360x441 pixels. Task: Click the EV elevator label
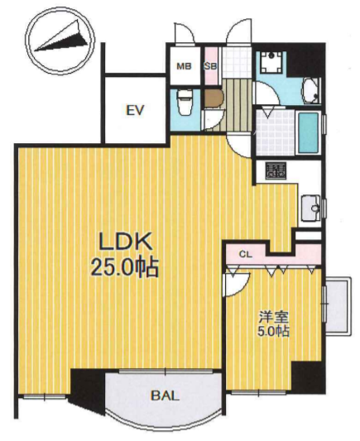(135, 110)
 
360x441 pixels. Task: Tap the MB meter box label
(184, 66)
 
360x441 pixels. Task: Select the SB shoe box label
(210, 66)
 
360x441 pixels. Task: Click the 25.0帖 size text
(124, 267)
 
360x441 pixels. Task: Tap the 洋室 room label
(274, 317)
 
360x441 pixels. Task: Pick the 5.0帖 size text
(274, 331)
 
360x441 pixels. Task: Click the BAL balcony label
(165, 396)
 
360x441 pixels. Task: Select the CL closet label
(246, 255)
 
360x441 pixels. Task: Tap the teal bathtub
(308, 132)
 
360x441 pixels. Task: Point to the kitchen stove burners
(276, 170)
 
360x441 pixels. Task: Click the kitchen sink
(311, 208)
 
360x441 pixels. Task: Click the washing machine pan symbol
(271, 62)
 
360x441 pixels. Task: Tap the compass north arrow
(61, 40)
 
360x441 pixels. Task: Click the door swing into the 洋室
(236, 284)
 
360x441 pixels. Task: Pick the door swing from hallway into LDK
(238, 146)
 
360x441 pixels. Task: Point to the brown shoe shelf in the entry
(214, 98)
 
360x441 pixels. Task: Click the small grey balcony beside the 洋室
(338, 306)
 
